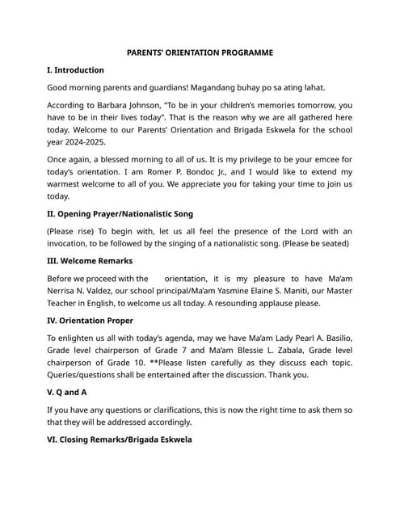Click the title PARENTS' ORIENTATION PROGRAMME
pos(200,53)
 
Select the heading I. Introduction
pos(75,70)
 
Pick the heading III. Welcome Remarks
pos(90,261)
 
